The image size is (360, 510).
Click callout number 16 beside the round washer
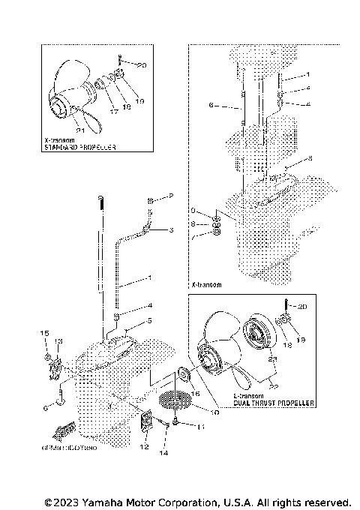click(x=195, y=392)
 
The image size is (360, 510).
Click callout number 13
click(x=58, y=340)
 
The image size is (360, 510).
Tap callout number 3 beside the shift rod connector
click(x=169, y=231)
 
